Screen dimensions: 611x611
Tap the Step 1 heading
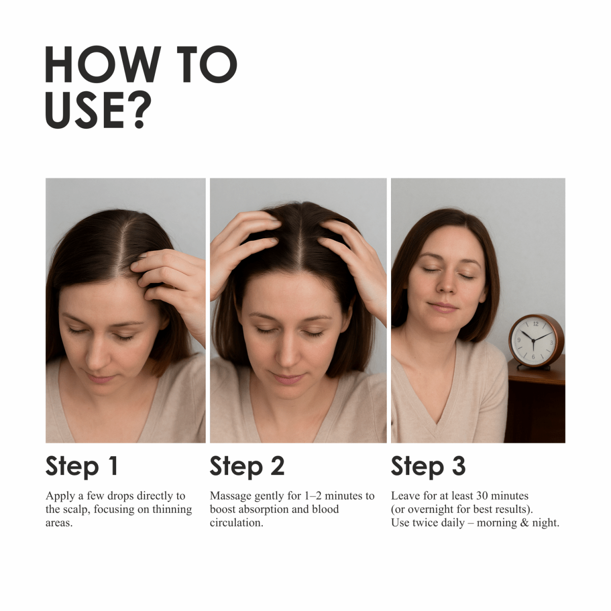(x=81, y=466)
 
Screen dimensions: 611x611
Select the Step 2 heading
(x=247, y=466)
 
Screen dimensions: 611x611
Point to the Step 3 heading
(x=428, y=466)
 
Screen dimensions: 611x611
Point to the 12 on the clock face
(x=536, y=324)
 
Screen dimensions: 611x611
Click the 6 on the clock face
(x=534, y=357)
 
